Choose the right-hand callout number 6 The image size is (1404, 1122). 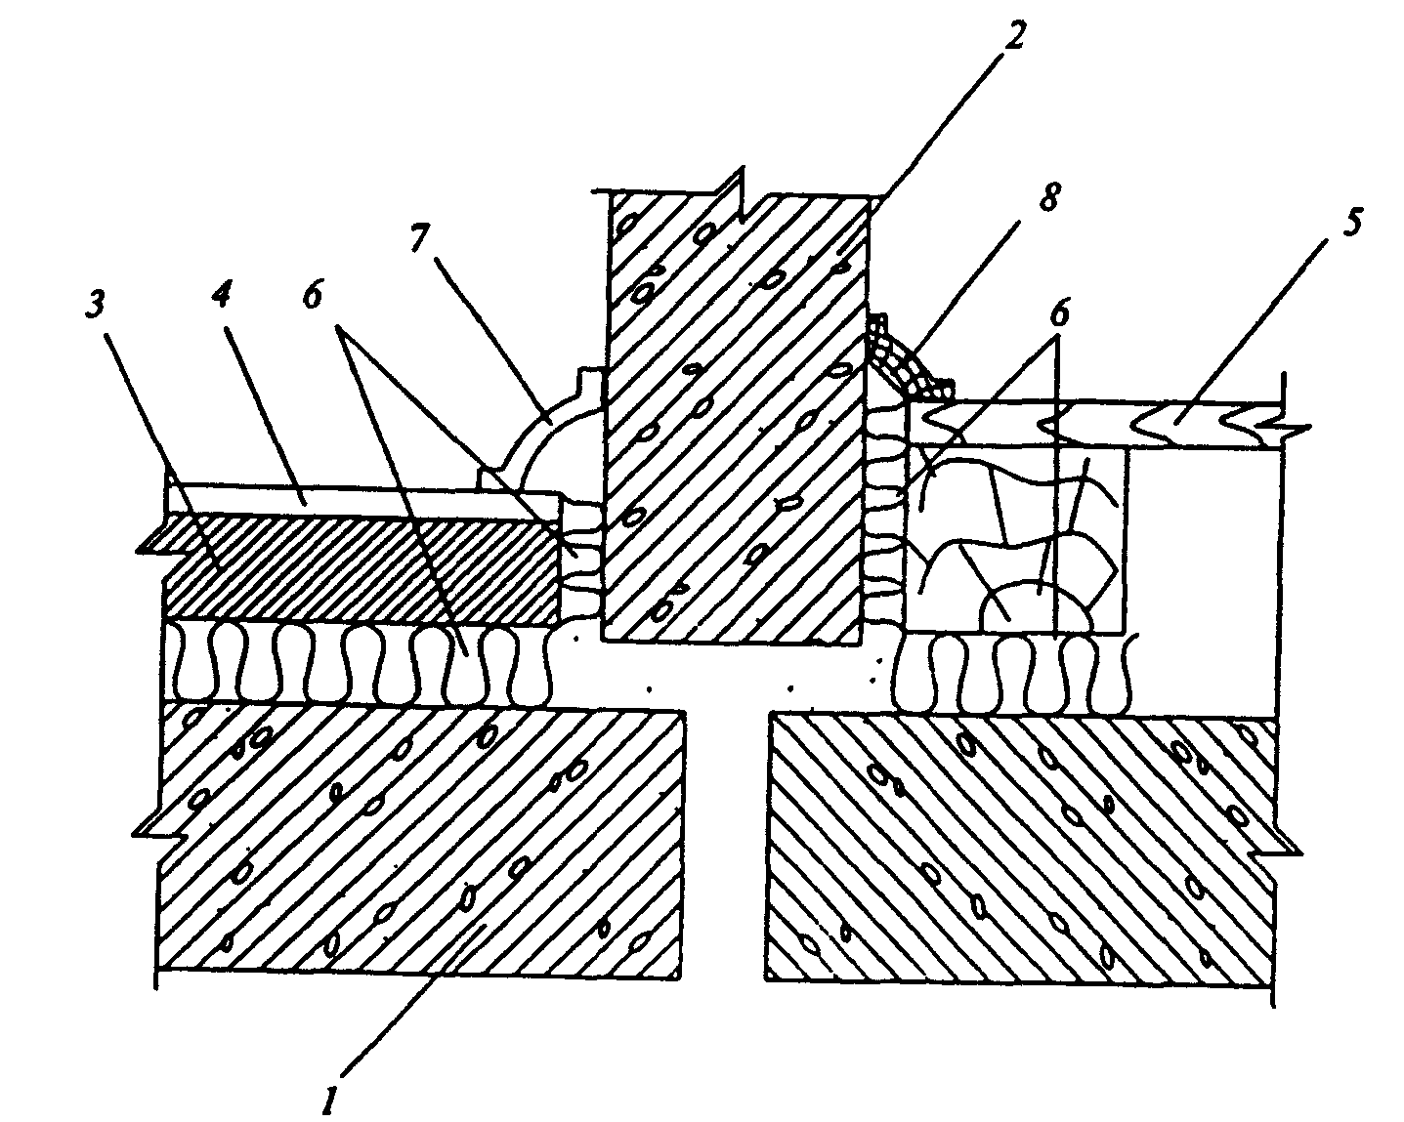click(x=1061, y=313)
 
